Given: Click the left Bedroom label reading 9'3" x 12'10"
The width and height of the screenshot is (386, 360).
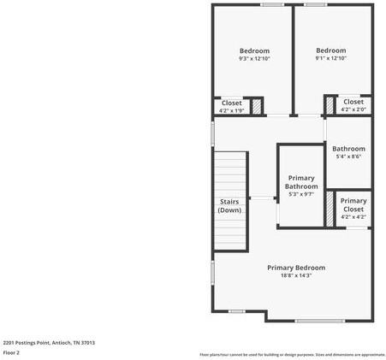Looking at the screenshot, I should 254,54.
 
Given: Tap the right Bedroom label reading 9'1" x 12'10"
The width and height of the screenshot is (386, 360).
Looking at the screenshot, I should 330,54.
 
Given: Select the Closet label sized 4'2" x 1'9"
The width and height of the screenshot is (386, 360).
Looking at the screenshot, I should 232,106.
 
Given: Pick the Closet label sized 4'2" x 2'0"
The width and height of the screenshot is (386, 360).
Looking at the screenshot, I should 353,105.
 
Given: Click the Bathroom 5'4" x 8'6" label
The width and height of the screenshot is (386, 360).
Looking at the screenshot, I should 348,152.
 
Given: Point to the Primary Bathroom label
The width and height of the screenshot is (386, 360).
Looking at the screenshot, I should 301,186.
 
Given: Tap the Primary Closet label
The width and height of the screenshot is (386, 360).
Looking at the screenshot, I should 353,208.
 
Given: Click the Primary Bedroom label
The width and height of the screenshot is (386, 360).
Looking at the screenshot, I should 296,271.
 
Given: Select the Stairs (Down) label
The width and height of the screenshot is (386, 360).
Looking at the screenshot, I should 229,205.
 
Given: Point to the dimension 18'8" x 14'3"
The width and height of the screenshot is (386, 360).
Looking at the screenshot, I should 296,276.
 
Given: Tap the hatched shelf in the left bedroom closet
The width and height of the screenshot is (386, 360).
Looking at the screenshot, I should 255,105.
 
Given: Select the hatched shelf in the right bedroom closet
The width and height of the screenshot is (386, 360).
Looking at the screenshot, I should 330,105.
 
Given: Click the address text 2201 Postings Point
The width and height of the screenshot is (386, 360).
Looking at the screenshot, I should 49,342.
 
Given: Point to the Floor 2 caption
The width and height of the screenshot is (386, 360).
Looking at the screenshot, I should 12,352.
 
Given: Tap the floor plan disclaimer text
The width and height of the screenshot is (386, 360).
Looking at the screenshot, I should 292,354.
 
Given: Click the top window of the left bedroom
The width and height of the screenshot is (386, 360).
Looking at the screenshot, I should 272,4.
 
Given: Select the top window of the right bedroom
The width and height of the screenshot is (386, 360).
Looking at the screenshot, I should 315,4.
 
